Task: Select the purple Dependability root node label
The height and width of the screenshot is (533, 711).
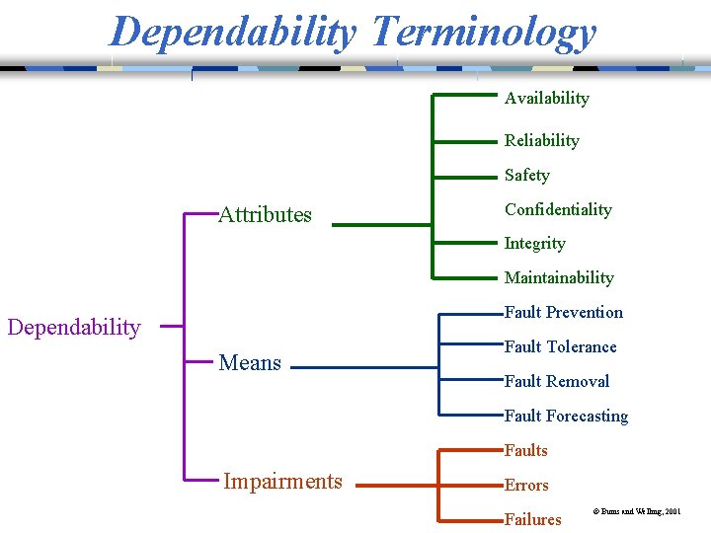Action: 74,327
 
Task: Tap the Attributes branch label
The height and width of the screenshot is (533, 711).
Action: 265,214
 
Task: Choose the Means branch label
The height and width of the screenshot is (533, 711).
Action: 250,362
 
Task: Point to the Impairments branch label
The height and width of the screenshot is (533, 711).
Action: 282,481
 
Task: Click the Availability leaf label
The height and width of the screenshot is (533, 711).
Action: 546,98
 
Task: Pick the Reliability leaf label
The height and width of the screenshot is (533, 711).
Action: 541,140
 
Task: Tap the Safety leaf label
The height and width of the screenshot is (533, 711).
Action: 526,175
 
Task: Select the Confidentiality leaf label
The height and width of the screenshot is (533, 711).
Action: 558,209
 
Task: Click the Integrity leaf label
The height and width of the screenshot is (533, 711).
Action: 534,243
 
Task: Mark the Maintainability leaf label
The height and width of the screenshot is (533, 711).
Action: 559,277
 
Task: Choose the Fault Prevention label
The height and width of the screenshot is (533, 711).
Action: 563,312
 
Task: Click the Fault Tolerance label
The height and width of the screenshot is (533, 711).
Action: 560,346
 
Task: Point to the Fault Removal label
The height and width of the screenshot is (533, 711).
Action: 556,381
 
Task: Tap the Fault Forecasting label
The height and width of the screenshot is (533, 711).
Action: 566,416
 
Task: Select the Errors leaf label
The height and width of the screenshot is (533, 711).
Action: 526,485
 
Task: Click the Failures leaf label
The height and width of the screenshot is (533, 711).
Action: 532,519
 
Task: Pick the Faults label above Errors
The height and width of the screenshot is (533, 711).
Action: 525,450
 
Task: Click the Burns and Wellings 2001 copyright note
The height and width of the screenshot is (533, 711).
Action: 636,512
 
